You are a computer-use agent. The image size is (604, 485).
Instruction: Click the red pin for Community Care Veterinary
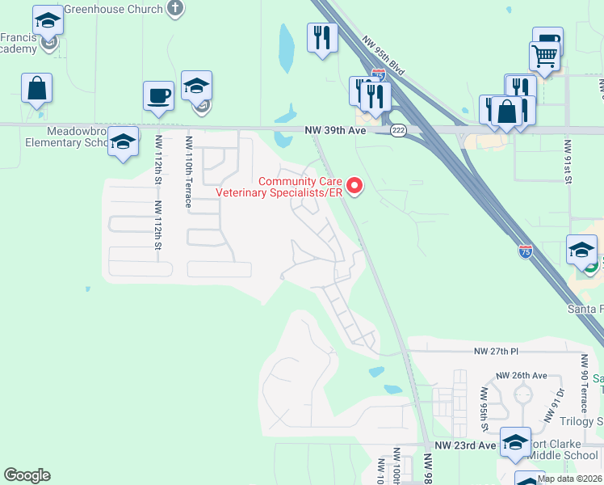point(354,187)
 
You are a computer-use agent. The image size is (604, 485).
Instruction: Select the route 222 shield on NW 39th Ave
point(398,131)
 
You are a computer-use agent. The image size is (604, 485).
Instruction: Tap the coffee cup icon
point(158,95)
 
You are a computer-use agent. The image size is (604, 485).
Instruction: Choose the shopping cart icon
point(545,57)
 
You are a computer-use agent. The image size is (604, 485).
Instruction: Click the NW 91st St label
point(568,162)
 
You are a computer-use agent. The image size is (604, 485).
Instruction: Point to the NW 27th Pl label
point(495,352)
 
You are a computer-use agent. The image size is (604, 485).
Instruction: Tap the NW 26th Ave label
point(521,376)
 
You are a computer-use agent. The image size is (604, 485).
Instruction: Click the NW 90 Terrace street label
point(583,381)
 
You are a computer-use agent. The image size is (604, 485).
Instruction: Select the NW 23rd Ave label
point(465,445)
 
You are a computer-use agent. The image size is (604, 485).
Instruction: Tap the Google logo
point(27,475)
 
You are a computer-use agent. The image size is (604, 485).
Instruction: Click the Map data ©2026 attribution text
point(570,479)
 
